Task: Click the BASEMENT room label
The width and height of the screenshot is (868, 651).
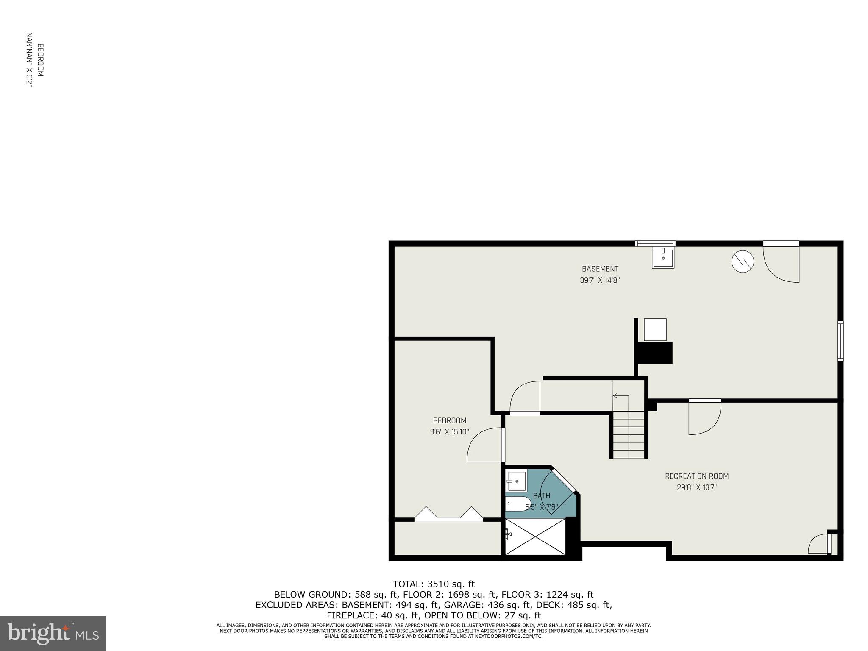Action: coord(600,269)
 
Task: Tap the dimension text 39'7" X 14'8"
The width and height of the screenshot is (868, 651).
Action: coord(600,280)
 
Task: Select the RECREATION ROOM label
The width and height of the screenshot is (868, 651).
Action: coord(697,476)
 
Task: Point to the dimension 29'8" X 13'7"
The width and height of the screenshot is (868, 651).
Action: coord(697,487)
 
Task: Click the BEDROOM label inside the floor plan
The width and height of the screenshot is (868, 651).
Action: coord(450,420)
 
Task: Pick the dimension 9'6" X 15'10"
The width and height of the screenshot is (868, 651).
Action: coord(450,432)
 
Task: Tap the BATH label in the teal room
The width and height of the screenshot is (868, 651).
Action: coord(541,496)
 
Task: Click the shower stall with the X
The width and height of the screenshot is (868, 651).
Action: coord(536,537)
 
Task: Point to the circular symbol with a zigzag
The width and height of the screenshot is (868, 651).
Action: coord(743,262)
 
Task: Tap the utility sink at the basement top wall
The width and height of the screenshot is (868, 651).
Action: coord(663,258)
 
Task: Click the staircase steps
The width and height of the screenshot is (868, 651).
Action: coord(629,437)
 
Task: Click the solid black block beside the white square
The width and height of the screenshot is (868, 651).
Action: coord(655,353)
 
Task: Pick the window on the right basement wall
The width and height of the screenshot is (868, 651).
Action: coord(840,341)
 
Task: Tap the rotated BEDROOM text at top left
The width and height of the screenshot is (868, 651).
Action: coord(35,60)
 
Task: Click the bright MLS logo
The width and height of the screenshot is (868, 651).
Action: coord(53,633)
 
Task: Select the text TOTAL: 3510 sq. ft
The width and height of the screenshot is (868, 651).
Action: coord(434,584)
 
